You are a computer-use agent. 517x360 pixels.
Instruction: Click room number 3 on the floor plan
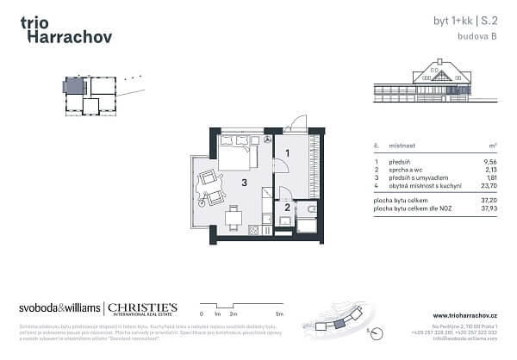point(245,182)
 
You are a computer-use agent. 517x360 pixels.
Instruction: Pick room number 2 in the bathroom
point(287,206)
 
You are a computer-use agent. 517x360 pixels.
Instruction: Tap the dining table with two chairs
point(231,216)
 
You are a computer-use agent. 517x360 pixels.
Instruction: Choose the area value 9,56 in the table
point(492,162)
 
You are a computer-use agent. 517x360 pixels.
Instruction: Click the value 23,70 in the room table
point(491,185)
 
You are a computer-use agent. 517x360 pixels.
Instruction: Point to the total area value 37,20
point(491,199)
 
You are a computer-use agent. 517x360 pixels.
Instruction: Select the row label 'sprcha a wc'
point(403,170)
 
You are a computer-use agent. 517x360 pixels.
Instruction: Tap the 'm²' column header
point(495,147)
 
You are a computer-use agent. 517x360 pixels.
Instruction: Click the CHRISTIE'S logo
point(141,307)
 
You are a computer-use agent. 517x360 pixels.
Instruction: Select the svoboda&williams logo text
point(59,308)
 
